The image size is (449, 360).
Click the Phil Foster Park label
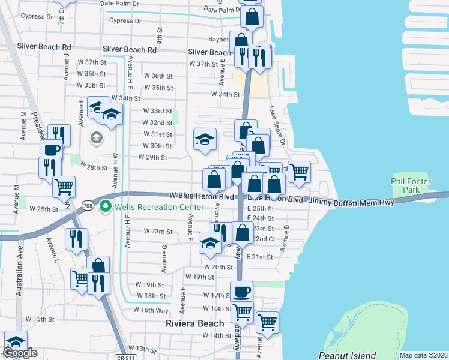coord(412,184)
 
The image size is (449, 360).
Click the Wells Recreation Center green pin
coord(106,207)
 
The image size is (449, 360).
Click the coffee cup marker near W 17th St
coord(242,292)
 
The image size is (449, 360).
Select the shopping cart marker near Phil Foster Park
coord(299,171)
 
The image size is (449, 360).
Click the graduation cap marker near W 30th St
coord(205,139)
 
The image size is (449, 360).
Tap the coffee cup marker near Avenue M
coord(51,149)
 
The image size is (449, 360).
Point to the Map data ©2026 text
coord(423,355)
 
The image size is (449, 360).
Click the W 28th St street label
coord(93,167)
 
